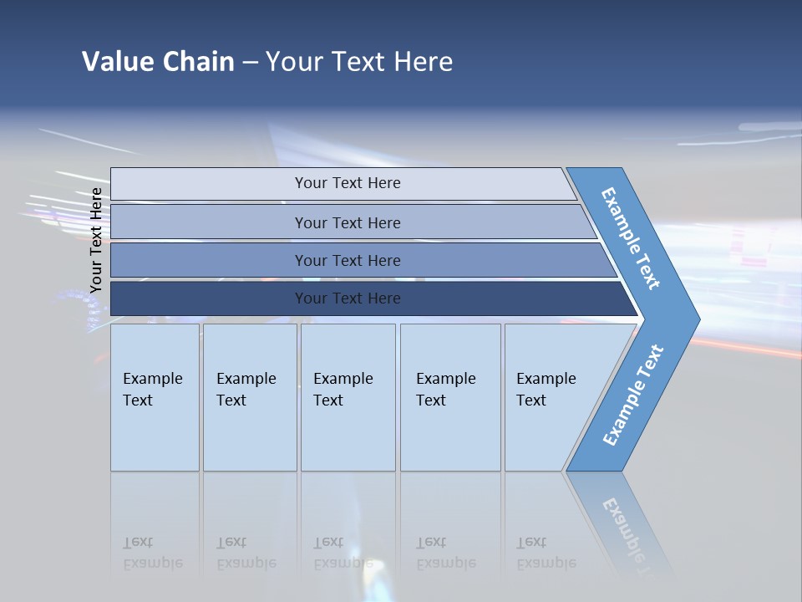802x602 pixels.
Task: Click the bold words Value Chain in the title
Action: click(x=158, y=62)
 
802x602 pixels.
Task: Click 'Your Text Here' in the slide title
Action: click(x=359, y=62)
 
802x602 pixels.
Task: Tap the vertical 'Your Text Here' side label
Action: click(x=96, y=240)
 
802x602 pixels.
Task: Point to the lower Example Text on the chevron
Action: click(x=633, y=395)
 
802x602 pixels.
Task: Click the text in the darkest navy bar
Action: click(x=348, y=298)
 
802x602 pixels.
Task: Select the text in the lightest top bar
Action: click(x=348, y=183)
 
